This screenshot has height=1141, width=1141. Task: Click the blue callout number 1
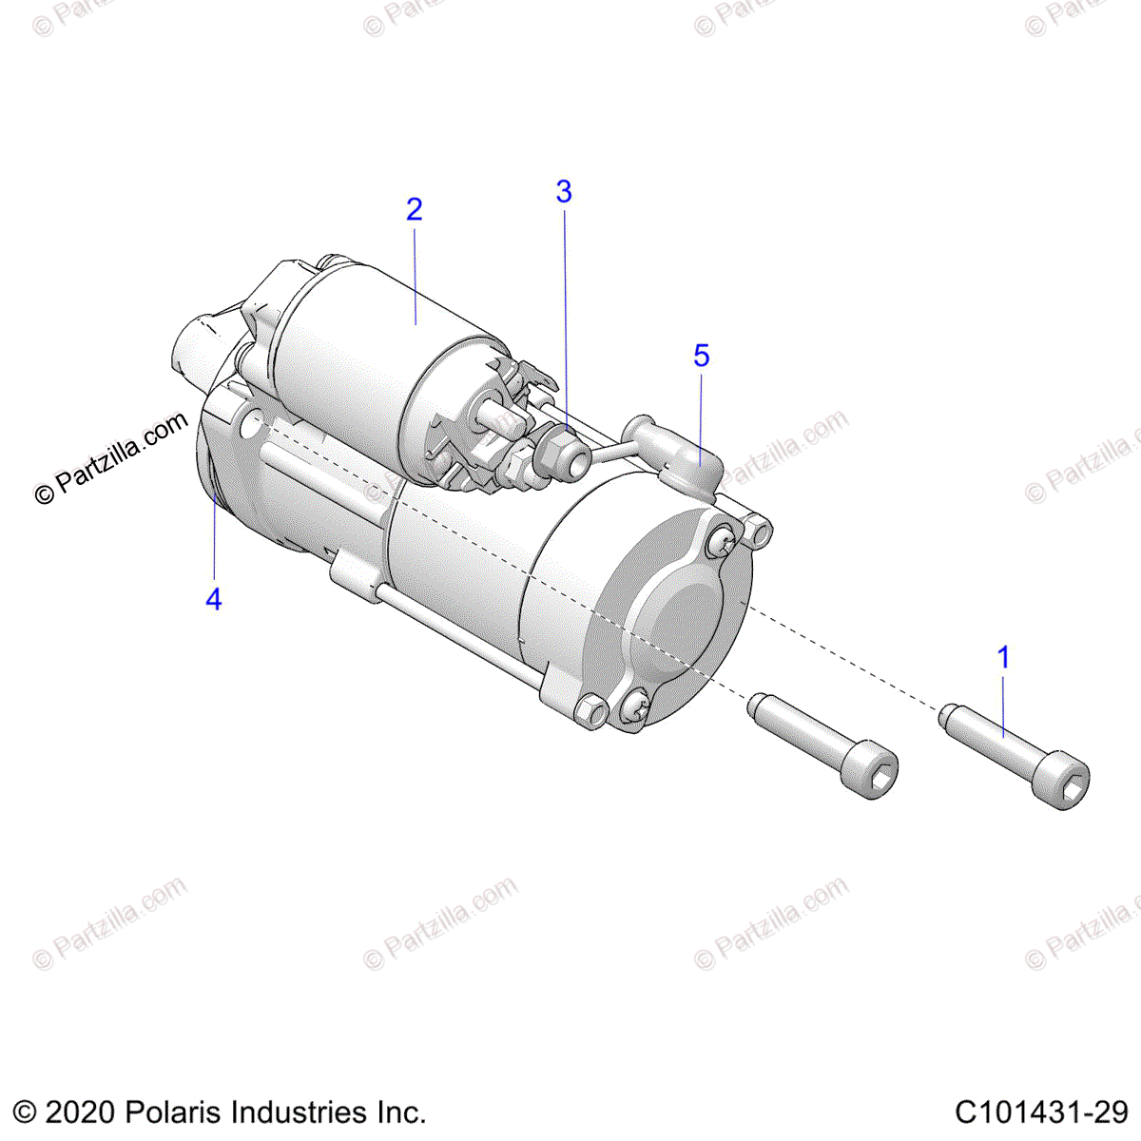pyautogui.click(x=1003, y=657)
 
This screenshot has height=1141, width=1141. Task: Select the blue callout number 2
pyautogui.click(x=414, y=209)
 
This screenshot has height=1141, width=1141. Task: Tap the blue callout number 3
pyautogui.click(x=564, y=192)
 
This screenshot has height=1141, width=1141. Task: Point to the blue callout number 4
pyautogui.click(x=214, y=599)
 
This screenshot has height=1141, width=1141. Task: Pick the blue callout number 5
pyautogui.click(x=702, y=356)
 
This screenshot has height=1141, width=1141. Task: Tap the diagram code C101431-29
pyautogui.click(x=1041, y=1112)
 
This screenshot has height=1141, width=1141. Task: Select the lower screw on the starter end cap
pyautogui.click(x=637, y=708)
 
